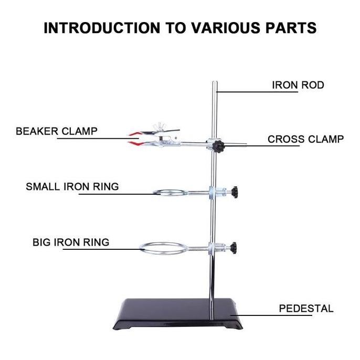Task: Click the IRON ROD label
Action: point(298,85)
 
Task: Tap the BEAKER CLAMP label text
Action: point(57,131)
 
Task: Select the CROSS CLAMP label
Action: point(305,139)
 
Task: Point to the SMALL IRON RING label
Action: point(72,186)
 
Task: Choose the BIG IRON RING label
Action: point(71,242)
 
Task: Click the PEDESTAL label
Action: point(306,309)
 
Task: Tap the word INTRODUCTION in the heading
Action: point(102,28)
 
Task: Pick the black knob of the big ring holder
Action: point(233,248)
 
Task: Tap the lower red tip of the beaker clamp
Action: point(134,144)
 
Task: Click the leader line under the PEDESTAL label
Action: point(271,315)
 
